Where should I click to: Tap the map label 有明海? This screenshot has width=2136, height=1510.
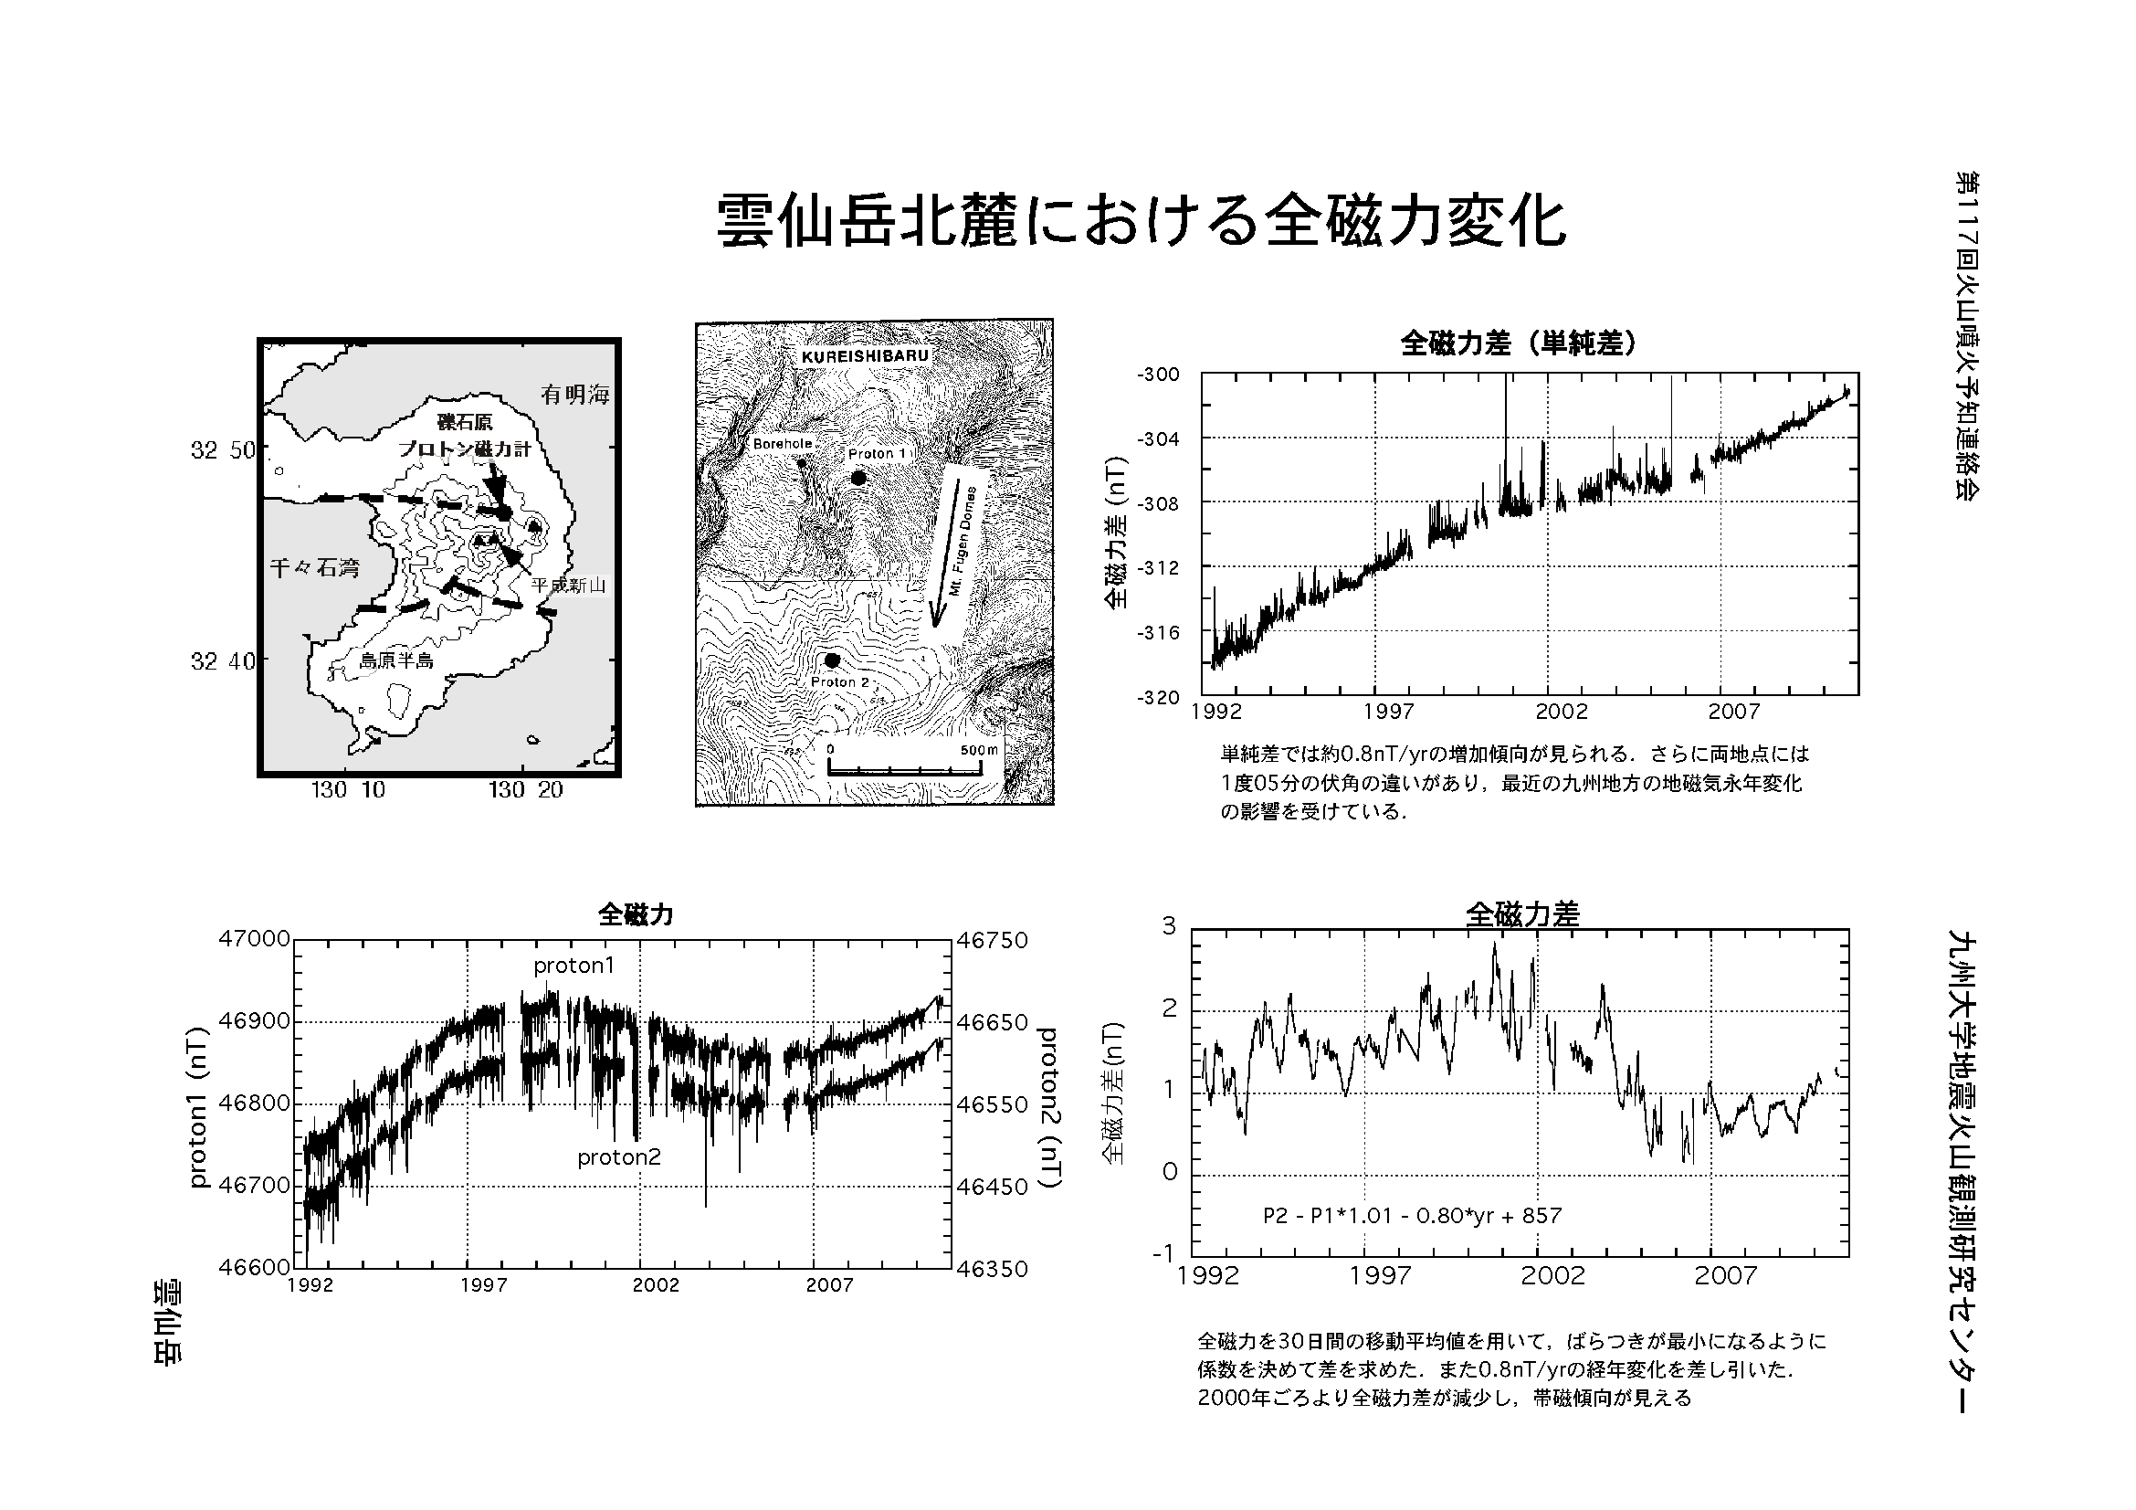[x=575, y=395]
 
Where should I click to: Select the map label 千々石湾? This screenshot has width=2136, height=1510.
[x=314, y=567]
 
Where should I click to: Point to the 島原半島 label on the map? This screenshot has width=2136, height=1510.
[x=396, y=661]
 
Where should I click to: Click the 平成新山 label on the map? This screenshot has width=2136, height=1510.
[x=567, y=586]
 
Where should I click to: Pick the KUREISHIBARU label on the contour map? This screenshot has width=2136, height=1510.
[x=864, y=356]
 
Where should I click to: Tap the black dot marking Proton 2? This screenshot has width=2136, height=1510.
[x=832, y=660]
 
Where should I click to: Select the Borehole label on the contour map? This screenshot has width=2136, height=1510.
[x=783, y=444]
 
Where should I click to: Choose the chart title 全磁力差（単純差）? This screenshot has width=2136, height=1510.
[x=1519, y=344]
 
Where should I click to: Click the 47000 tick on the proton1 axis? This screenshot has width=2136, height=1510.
[x=254, y=939]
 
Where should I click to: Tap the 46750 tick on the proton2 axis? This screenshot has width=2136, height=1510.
[x=993, y=941]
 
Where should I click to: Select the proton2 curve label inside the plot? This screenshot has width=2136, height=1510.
[x=618, y=1157]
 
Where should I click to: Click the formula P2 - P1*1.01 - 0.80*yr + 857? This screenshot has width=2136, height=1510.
[x=1412, y=1215]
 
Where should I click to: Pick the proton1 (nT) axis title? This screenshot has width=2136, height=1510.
[x=197, y=1107]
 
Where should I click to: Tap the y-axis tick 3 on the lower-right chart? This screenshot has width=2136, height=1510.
[x=1170, y=925]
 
